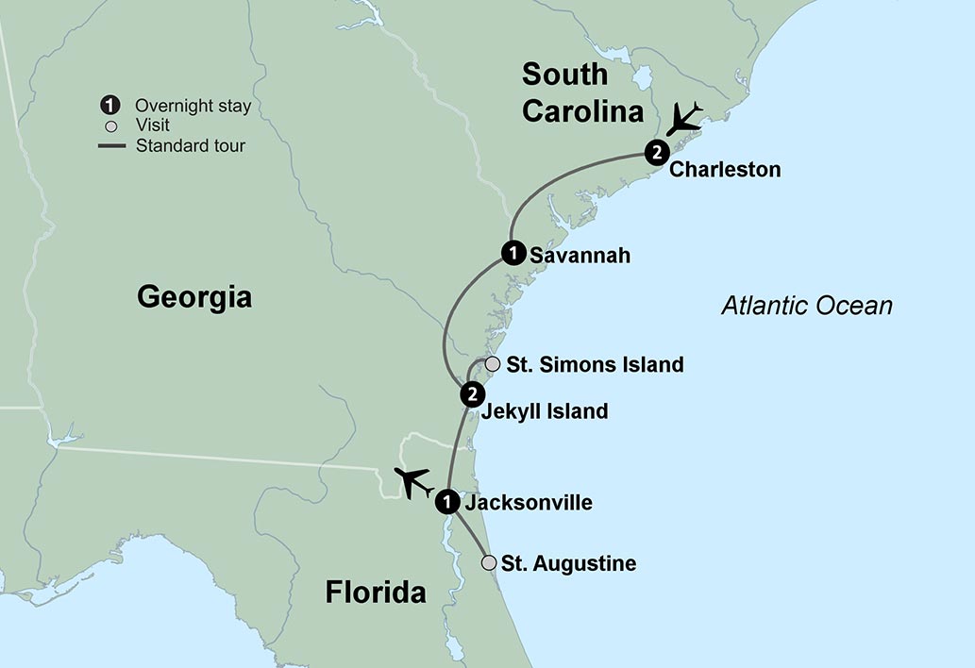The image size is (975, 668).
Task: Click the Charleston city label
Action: (725, 171)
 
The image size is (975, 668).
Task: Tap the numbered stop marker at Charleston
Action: (657, 152)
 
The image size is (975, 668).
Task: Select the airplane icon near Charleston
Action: (685, 119)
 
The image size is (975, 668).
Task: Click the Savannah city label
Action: (580, 255)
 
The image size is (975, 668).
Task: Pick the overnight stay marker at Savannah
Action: (513, 253)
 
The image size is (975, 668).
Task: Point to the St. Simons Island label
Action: (595, 364)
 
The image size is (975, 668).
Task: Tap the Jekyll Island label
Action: (544, 411)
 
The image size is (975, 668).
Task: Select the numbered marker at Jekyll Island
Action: (472, 393)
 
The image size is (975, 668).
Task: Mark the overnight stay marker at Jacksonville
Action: (447, 502)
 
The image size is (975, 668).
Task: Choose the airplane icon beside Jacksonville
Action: (412, 481)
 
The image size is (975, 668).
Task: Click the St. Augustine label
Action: (568, 564)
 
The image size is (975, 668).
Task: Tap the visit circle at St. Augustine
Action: (489, 563)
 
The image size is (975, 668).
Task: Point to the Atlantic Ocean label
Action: (807, 306)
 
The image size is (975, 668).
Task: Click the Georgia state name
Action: (194, 297)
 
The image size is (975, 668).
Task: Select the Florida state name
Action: (376, 593)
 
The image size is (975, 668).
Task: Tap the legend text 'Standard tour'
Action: (191, 145)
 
